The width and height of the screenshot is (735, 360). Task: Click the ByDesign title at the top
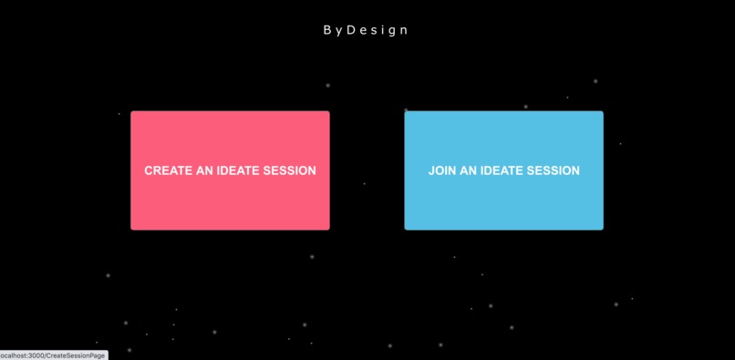366,30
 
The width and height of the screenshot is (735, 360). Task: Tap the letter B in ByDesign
327,30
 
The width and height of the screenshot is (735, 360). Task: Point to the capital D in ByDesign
351,30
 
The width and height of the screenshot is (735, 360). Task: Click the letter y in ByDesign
338,31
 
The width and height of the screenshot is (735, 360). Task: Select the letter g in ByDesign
392,31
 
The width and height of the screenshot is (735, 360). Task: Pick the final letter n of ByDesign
404,30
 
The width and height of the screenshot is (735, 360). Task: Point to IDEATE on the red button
239,170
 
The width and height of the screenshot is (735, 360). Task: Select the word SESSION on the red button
290,170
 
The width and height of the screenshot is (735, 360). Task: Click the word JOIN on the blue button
441,170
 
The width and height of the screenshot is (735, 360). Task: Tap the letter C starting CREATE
149,170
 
